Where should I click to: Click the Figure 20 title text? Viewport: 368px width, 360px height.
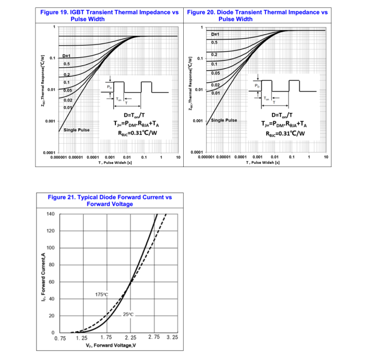coord(258,15)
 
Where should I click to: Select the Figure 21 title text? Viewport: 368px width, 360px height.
coord(110,200)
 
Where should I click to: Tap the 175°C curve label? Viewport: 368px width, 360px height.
coord(102,294)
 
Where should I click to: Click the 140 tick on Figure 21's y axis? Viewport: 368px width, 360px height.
coord(50,214)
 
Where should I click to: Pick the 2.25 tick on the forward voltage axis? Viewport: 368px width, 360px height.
coord(130,337)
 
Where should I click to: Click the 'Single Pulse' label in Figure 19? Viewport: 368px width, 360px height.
coord(76,130)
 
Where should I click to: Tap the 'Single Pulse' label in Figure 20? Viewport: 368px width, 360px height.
coord(224,120)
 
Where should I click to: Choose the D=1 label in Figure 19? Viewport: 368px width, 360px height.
coord(67,56)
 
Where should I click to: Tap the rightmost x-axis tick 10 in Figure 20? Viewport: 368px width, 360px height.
coord(326,157)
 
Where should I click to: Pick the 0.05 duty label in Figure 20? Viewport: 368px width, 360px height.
coord(215,73)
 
